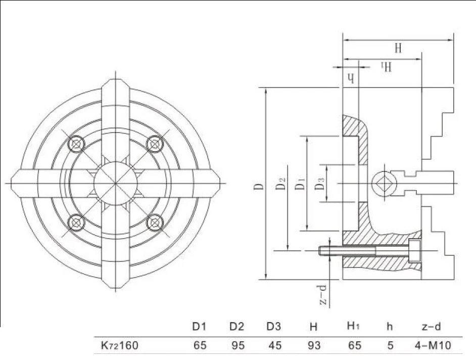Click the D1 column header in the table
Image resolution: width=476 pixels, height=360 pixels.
tap(200, 327)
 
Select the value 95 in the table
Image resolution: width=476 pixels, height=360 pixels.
tap(237, 345)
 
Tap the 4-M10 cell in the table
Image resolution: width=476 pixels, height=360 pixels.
tap(433, 345)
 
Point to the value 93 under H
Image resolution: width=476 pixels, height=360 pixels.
tap(314, 345)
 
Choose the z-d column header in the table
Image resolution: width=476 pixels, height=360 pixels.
tap(432, 327)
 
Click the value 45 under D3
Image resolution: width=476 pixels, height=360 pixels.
tap(275, 345)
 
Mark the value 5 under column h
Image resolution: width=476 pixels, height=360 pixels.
tap(391, 345)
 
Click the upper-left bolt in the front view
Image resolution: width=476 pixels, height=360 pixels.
tap(76, 144)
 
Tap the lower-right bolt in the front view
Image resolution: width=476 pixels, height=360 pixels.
tap(155, 222)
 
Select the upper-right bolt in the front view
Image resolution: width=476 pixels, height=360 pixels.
tap(155, 144)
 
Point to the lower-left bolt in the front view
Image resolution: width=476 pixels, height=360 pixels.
tap(76, 222)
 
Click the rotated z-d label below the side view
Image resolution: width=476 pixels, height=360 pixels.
tap(323, 294)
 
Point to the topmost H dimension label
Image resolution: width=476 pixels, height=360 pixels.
tap(398, 48)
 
